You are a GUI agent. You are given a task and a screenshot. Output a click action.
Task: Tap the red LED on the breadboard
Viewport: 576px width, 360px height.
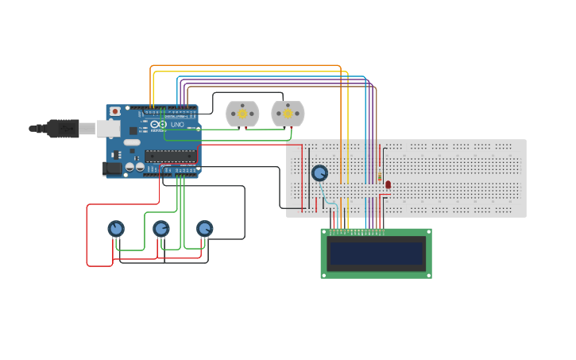[388, 184]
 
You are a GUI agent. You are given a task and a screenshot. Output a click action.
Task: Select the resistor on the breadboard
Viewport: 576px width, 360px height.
[380, 176]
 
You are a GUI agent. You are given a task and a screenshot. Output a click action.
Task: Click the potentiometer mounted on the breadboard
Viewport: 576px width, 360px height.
[319, 172]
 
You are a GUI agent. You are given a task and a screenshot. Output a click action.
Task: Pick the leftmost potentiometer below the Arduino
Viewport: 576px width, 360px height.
[116, 229]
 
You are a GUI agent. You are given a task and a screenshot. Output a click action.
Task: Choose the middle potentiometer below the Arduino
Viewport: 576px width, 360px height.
[161, 229]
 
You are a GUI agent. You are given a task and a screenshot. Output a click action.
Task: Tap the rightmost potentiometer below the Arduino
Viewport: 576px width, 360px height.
[205, 229]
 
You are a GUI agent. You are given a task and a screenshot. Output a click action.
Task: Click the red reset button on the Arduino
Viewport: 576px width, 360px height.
[115, 111]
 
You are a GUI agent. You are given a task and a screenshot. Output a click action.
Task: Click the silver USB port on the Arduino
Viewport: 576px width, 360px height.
[108, 128]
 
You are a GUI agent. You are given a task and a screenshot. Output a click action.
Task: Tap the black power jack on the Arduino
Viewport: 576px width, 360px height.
[112, 168]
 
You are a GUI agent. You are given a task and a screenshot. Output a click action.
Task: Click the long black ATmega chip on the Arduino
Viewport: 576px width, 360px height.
[169, 156]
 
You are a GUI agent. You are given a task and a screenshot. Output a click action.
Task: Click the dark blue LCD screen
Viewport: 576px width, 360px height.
[376, 254]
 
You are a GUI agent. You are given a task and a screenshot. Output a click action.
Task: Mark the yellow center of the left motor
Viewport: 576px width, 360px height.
[242, 114]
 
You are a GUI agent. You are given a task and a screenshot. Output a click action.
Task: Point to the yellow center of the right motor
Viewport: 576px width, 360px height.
[288, 114]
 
